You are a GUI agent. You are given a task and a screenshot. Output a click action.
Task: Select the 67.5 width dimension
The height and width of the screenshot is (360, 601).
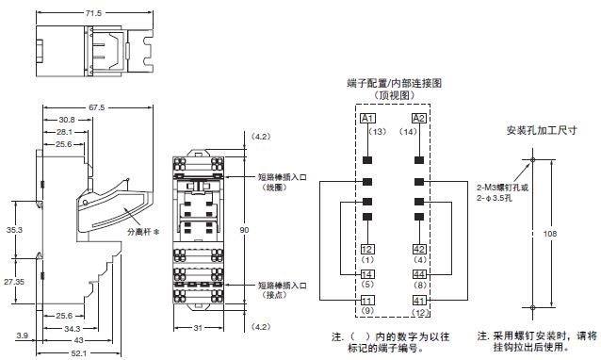pos(95,107)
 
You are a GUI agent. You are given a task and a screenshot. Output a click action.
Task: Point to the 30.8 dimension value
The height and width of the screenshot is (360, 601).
pos(67,120)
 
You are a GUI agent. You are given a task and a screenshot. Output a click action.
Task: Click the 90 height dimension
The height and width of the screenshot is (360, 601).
pos(244,229)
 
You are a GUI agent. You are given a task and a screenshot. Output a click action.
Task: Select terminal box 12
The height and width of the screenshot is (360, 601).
pos(367,249)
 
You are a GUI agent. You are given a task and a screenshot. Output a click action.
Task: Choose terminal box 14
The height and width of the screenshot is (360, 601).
pos(367,274)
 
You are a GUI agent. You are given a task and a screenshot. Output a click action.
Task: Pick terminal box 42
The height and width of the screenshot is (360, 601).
pos(420,249)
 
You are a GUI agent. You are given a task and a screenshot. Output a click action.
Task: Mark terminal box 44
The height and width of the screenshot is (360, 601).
pos(420,274)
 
